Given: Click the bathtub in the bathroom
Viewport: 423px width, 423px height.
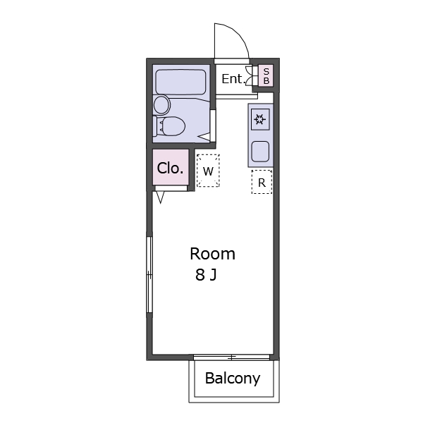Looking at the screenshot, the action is click(180, 82).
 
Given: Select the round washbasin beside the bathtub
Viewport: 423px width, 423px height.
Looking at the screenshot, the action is click(161, 105).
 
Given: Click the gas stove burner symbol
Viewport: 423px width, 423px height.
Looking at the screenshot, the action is click(260, 119).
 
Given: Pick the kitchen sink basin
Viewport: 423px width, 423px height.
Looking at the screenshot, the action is click(260, 152).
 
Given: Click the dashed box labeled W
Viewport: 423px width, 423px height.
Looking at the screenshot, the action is click(208, 171).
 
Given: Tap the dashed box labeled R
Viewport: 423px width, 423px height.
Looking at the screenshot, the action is click(262, 182).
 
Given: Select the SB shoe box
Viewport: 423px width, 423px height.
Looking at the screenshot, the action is click(266, 76).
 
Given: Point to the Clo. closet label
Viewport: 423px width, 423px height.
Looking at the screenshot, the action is click(170, 168).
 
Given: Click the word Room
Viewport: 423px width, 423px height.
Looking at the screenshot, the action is click(213, 254).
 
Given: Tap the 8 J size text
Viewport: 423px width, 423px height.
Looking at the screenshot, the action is click(206, 275).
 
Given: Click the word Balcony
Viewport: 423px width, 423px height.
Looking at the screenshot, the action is click(233, 379).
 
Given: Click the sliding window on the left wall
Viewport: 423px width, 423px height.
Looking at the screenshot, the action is click(149, 275).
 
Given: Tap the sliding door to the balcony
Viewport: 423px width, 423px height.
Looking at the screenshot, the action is click(231, 357).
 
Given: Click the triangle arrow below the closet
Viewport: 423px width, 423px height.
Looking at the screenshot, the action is click(160, 197).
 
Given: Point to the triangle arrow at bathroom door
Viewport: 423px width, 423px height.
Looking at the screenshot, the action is click(204, 137).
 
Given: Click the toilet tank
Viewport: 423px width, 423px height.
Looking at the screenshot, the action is click(155, 126).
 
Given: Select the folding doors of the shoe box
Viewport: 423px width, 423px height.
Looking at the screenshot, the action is click(250, 76).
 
